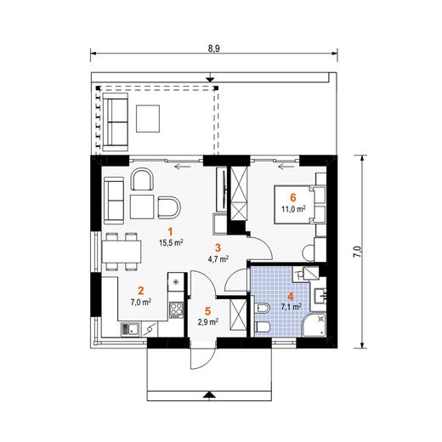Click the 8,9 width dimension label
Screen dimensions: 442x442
(x=214, y=48)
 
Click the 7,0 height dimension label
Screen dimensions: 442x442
(x=358, y=252)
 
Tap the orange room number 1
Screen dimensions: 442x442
(x=170, y=232)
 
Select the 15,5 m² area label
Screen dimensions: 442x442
(x=171, y=242)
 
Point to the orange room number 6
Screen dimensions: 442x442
(x=293, y=197)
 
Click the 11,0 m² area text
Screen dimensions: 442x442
(x=293, y=209)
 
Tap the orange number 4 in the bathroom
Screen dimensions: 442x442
(x=290, y=297)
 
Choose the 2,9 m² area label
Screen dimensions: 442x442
(x=208, y=321)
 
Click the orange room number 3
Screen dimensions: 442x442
(x=218, y=248)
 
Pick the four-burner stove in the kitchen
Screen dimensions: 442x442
(x=176, y=309)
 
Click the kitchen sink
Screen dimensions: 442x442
(x=130, y=330)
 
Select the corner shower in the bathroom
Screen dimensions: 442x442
(x=314, y=325)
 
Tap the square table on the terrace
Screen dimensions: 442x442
(x=148, y=118)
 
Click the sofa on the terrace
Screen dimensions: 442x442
(x=115, y=122)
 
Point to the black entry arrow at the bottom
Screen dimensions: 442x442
(x=209, y=395)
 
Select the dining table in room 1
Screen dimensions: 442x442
(x=122, y=252)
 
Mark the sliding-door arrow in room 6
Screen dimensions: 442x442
(x=286, y=167)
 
